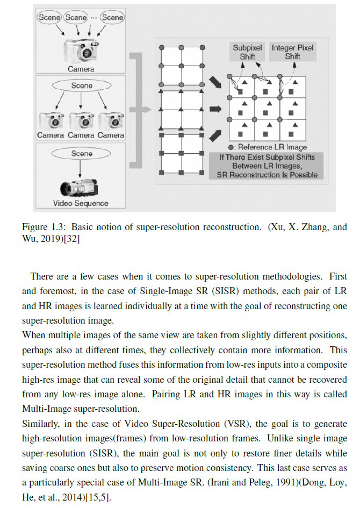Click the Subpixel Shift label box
(x=247, y=52)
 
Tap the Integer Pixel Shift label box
(x=292, y=52)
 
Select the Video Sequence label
(x=81, y=203)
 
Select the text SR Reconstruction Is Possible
(x=267, y=175)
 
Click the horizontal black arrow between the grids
(x=215, y=109)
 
